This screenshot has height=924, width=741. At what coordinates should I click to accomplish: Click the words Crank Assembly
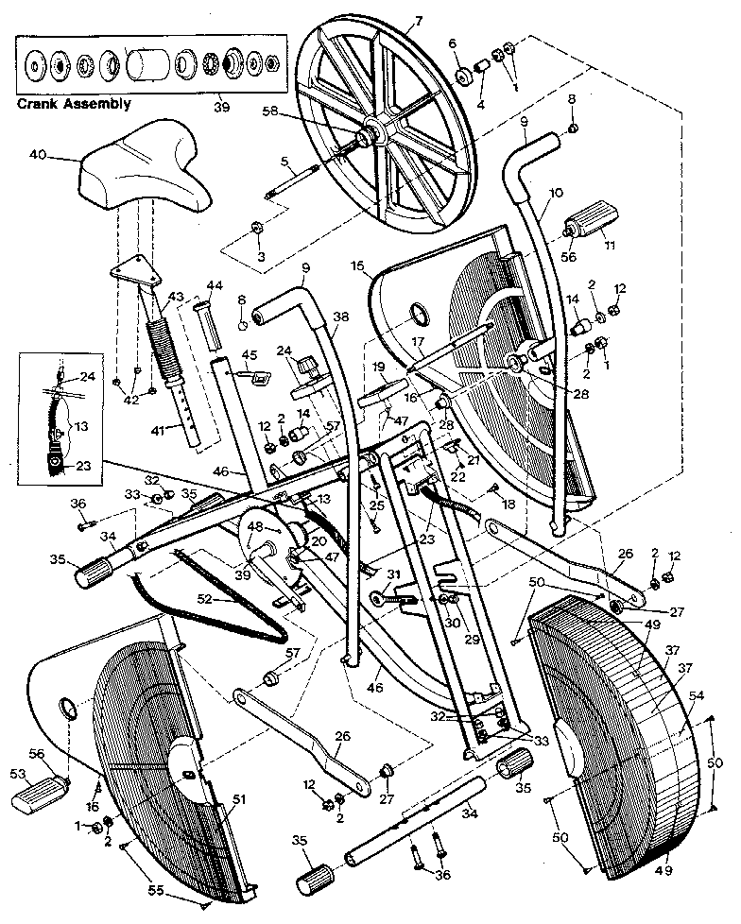pyautogui.click(x=74, y=104)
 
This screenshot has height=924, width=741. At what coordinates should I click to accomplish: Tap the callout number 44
pyautogui.click(x=215, y=284)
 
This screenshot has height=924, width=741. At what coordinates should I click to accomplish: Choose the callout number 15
pyautogui.click(x=357, y=267)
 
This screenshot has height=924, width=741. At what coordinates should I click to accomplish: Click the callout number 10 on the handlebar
pyautogui.click(x=556, y=193)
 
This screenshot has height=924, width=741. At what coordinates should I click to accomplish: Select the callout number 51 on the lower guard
pyautogui.click(x=238, y=799)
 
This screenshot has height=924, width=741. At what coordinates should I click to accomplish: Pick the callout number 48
pyautogui.click(x=255, y=527)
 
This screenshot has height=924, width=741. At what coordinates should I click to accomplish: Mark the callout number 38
pyautogui.click(x=340, y=318)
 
